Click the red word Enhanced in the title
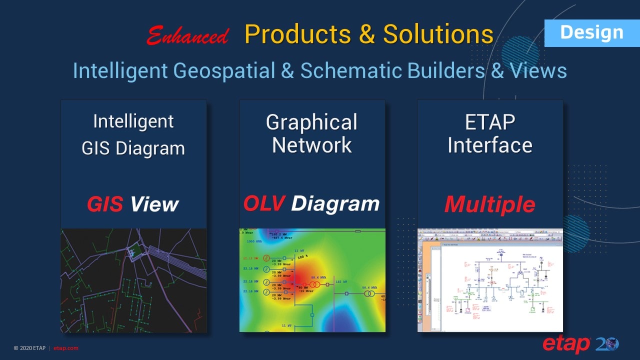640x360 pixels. click(x=188, y=36)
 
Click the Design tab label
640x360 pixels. click(x=591, y=32)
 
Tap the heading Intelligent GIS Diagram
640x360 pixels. click(x=133, y=135)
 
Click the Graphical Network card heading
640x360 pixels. click(x=312, y=133)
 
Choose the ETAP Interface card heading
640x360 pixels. click(x=490, y=133)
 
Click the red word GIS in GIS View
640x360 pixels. click(x=105, y=204)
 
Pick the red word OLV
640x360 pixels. click(x=264, y=203)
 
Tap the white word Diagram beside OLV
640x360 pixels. click(x=335, y=203)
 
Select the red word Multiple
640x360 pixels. click(x=490, y=204)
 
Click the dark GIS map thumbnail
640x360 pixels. click(x=133, y=280)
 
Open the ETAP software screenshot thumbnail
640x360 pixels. click(x=490, y=280)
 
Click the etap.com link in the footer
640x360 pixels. click(x=65, y=348)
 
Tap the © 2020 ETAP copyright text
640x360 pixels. click(x=29, y=348)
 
